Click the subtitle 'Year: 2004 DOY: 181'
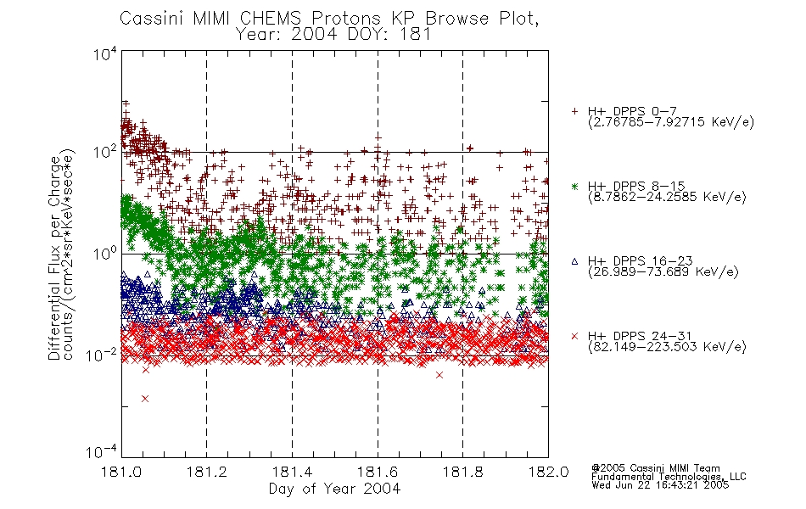(333, 34)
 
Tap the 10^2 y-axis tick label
(105, 152)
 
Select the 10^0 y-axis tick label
(105, 254)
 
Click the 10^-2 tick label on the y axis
(102, 355)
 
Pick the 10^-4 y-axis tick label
(102, 452)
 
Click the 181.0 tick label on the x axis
(121, 472)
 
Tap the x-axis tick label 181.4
(292, 472)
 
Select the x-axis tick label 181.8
(462, 472)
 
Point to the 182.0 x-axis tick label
(548, 472)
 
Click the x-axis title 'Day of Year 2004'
(334, 489)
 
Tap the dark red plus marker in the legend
(574, 111)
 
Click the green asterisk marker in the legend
(574, 186)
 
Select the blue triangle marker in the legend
(574, 261)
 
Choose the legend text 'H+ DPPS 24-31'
(640, 336)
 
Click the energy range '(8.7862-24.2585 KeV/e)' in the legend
(667, 197)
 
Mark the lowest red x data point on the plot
(145, 399)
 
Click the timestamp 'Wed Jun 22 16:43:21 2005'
(660, 485)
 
